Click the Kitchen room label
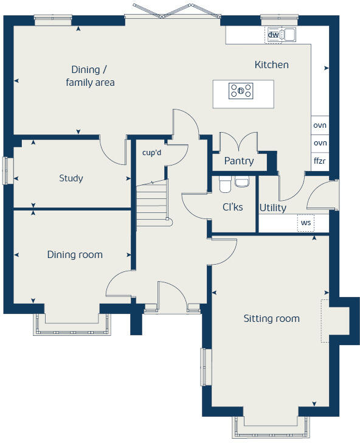tap(271, 65)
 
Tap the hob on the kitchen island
tap(241, 91)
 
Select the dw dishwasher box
tap(274, 35)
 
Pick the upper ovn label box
tap(320, 125)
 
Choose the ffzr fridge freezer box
tap(320, 161)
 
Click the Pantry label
tap(238, 161)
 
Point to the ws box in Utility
tap(306, 223)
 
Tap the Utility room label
tap(272, 208)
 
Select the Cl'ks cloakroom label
tap(232, 207)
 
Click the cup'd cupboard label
tap(151, 153)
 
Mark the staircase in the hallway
tap(151, 201)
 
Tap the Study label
tap(71, 178)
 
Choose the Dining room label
tap(75, 254)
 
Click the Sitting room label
tap(272, 318)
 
